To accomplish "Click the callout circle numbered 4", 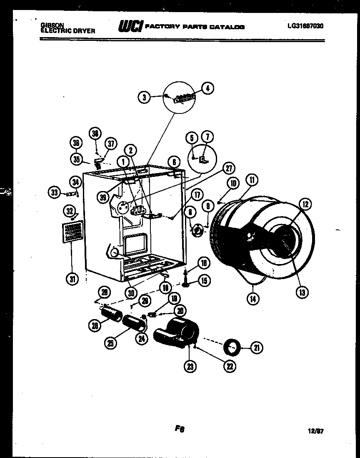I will point(207,88).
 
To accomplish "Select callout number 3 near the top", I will point(144,98).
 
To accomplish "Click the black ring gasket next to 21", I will point(232,346).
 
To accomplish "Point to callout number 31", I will point(73,279).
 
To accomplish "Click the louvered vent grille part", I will point(72,232).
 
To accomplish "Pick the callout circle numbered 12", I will point(305,204).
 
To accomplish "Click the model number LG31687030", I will point(305,26).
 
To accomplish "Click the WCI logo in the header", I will point(130,26).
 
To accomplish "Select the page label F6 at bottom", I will point(180,428).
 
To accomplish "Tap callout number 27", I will point(228,168).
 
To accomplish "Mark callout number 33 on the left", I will point(54,192).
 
